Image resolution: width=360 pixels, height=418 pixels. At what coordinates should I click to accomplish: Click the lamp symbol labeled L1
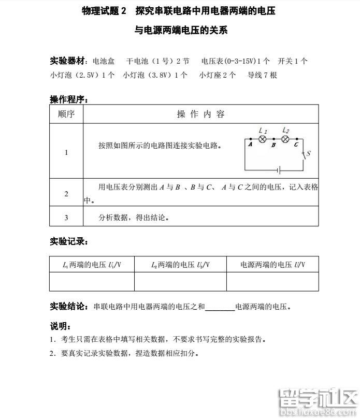pos(263,139)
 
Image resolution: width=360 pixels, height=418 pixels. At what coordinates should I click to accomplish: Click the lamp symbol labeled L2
pos(284,139)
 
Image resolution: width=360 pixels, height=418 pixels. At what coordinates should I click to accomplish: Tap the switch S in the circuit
pos(304,154)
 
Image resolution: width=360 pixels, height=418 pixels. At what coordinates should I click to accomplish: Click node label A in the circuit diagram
pos(250,146)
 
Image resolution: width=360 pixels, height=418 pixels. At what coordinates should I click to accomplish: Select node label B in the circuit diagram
pos(273,146)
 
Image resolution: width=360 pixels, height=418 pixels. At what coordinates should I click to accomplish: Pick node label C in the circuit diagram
pos(296,146)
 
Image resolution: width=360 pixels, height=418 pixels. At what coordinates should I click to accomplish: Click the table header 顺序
pos(66,114)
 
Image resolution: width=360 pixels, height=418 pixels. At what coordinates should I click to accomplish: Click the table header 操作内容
pos(200,114)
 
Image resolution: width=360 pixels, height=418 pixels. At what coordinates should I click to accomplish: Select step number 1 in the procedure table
pos(66,152)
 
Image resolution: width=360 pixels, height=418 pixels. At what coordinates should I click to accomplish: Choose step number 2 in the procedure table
pos(66,194)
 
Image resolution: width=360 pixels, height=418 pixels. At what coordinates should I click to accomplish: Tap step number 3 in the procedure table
pos(66,218)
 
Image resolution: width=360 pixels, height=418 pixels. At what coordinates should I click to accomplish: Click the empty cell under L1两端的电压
pos(92,282)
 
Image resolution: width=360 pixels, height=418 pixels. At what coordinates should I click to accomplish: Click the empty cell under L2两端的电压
pos(180,282)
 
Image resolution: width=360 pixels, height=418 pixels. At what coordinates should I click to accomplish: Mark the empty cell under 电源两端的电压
pos(272,282)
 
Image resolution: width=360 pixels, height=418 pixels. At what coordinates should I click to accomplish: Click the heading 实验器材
pos(67,61)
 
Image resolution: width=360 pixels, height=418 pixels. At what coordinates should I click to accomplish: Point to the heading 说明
pos(60,326)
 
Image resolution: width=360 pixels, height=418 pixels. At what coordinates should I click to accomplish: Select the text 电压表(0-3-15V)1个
pos(236,61)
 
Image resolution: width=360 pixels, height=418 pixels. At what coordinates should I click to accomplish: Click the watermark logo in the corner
pos(318,402)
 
